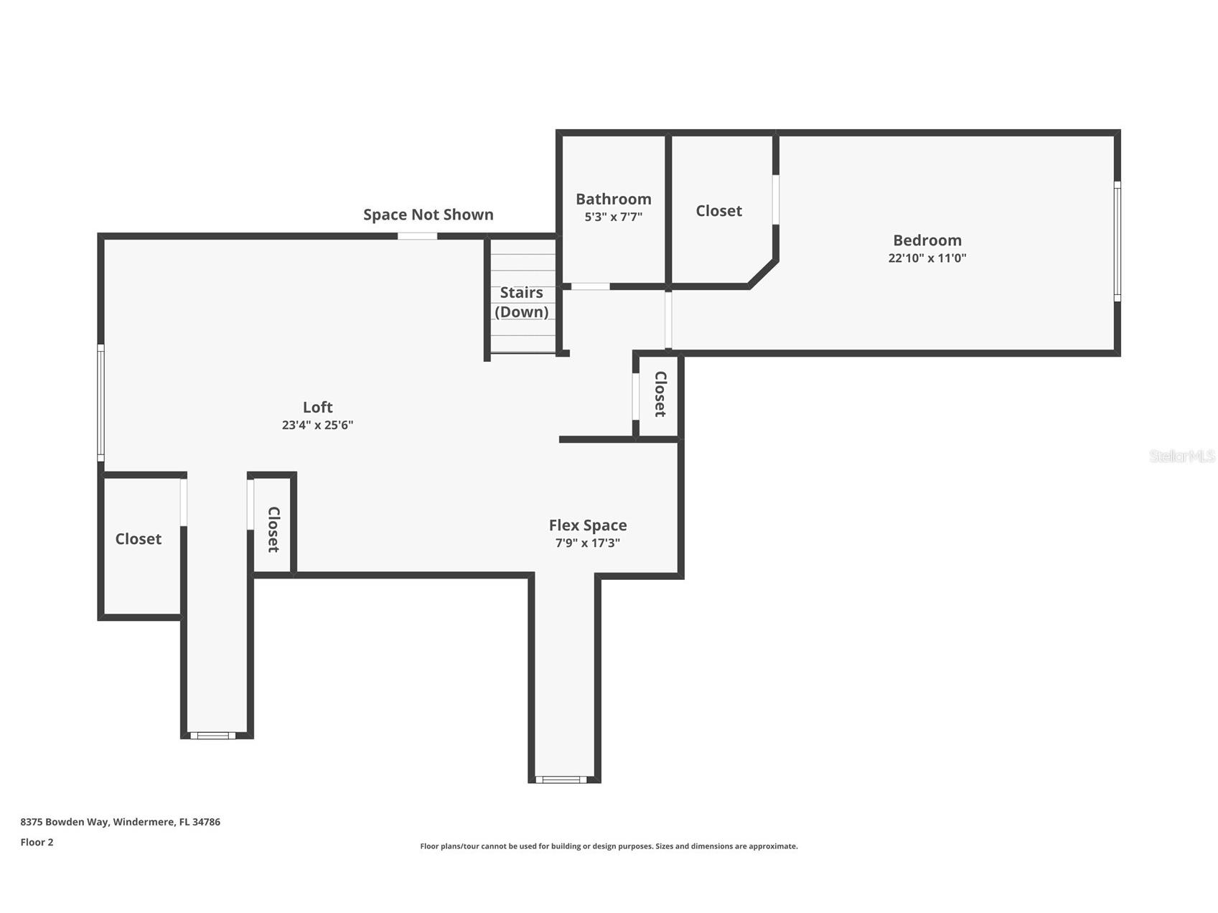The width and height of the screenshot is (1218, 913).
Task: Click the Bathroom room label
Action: tap(613, 199)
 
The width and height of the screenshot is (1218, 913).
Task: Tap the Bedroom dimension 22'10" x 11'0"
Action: tap(927, 258)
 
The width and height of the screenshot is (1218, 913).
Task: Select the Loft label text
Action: tap(317, 407)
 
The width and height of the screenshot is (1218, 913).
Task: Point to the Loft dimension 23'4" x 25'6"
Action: tap(317, 425)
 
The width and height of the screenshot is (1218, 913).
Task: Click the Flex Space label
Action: tap(587, 525)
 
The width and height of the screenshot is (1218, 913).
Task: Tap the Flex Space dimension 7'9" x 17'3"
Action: tap(587, 543)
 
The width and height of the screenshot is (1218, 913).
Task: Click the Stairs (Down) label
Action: tap(521, 302)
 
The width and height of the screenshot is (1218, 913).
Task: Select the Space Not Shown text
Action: tap(428, 215)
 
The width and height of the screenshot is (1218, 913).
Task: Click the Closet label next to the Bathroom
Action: tap(718, 210)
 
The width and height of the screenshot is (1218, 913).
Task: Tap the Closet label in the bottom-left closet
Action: tap(138, 538)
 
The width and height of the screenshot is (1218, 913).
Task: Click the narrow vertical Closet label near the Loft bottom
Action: tap(273, 529)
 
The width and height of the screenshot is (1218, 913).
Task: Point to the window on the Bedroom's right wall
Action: tap(1117, 241)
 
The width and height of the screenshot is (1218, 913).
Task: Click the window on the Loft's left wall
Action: tap(101, 403)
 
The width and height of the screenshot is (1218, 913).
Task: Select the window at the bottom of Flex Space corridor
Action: tap(561, 779)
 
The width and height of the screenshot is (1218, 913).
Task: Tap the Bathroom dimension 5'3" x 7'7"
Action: tap(613, 217)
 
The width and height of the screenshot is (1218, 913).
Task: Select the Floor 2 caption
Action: tap(37, 842)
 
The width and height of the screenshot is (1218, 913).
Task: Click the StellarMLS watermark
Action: tap(1181, 456)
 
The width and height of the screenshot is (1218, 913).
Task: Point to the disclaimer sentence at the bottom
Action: tap(609, 846)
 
